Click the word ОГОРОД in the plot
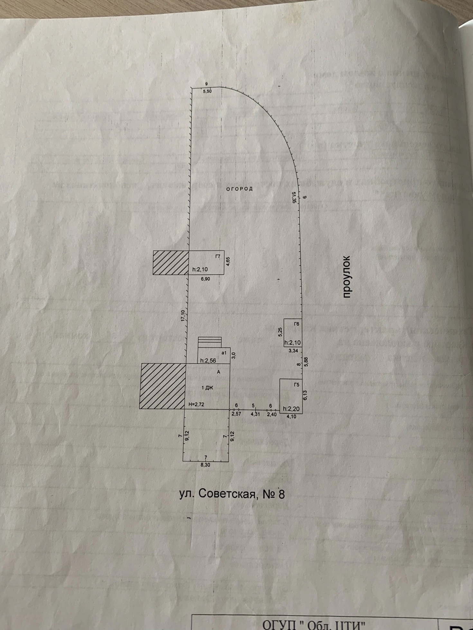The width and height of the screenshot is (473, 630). (239, 189)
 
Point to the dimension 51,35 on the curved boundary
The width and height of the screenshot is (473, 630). (293, 197)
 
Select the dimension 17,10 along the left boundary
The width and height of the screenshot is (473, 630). (183, 316)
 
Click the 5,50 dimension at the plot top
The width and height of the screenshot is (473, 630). (207, 91)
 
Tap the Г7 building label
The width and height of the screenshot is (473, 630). (218, 256)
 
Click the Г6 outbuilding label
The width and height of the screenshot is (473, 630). (297, 324)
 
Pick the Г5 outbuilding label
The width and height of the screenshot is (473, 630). (296, 384)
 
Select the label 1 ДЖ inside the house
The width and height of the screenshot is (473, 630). (207, 388)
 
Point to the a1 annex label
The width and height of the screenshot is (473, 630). (224, 353)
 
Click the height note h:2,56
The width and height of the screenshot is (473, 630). (208, 361)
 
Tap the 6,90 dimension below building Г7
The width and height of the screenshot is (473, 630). (205, 279)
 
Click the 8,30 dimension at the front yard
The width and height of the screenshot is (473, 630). (205, 464)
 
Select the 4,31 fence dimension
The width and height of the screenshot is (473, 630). (255, 414)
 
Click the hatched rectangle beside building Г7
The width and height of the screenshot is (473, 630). (171, 263)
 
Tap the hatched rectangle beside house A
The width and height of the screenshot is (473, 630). (162, 386)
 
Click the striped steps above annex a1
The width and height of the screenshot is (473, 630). (209, 342)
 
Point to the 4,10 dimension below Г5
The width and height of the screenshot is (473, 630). (291, 417)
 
